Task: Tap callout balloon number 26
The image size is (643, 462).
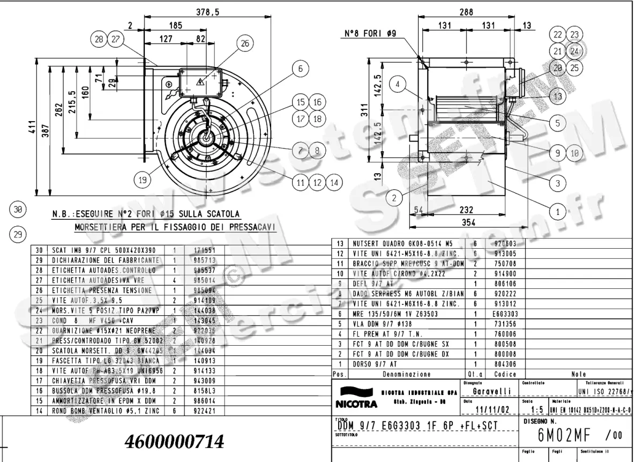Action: tap(244, 44)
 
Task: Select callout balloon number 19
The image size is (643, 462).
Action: tap(142, 181)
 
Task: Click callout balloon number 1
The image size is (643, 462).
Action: tap(558, 212)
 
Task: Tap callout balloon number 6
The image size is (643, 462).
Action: tap(301, 69)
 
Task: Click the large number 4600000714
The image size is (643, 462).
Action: tap(174, 442)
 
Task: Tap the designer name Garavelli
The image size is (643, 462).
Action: tap(488, 391)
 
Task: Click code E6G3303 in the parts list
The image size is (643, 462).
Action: tap(505, 314)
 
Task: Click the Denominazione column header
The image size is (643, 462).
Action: tap(406, 374)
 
